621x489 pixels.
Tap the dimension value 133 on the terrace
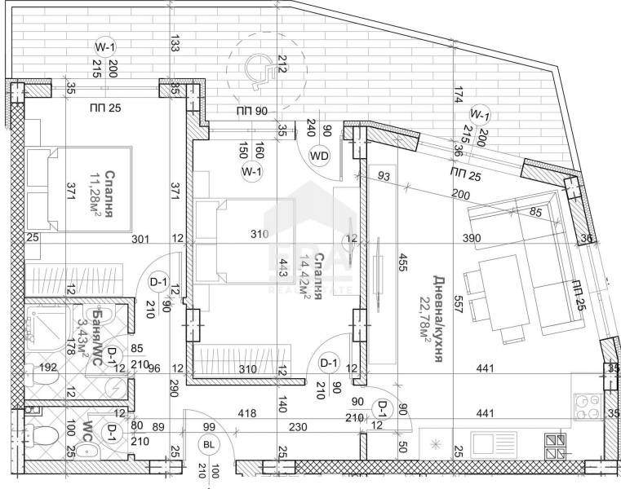pyautogui.click(x=174, y=44)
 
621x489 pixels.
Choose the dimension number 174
pyautogui.click(x=459, y=95)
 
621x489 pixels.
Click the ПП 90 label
pyautogui.click(x=252, y=111)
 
